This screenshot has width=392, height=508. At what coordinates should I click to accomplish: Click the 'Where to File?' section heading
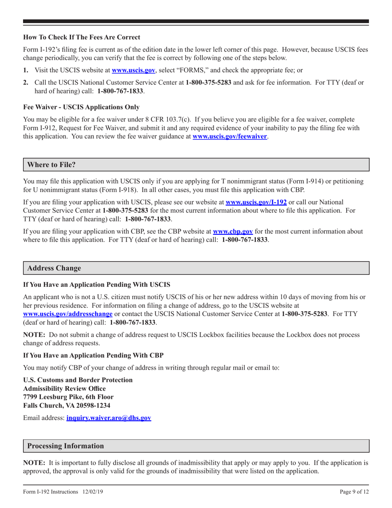coord(51,164)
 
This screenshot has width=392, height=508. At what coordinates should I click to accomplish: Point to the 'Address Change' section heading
coord(54,268)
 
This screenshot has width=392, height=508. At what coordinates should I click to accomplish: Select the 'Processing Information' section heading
coord(65,446)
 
